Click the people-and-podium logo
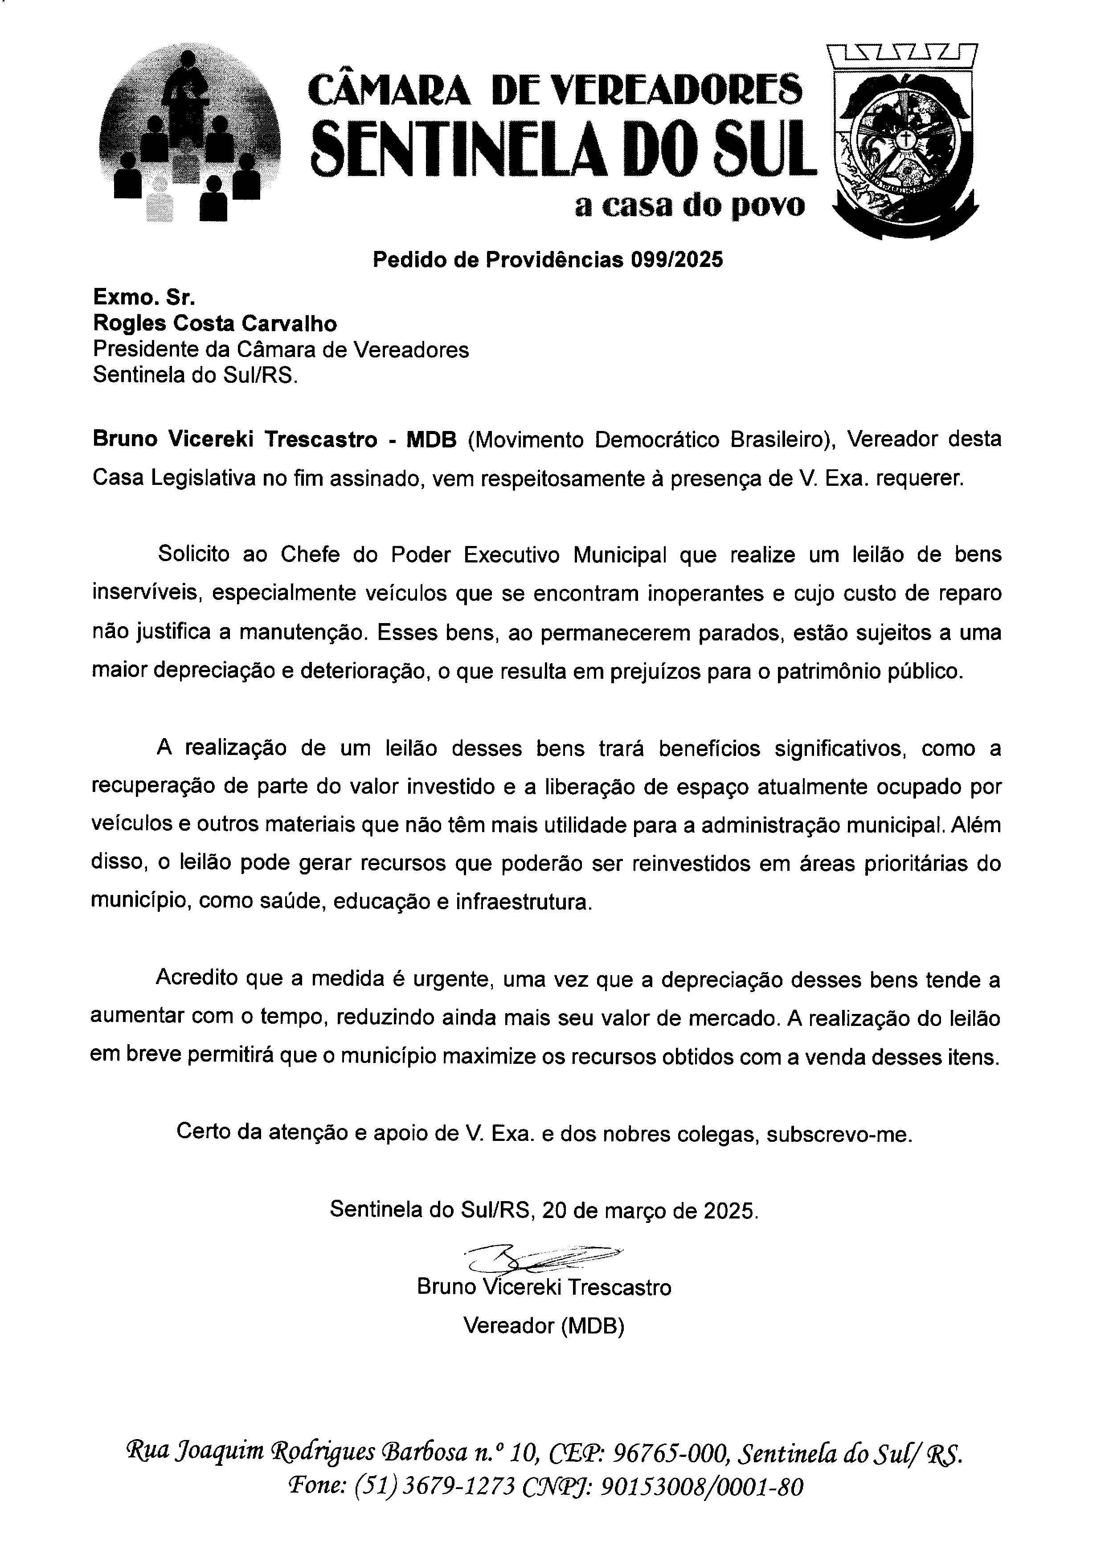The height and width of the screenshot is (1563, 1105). [x=190, y=133]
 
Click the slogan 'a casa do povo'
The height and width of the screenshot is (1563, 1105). [x=690, y=205]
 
